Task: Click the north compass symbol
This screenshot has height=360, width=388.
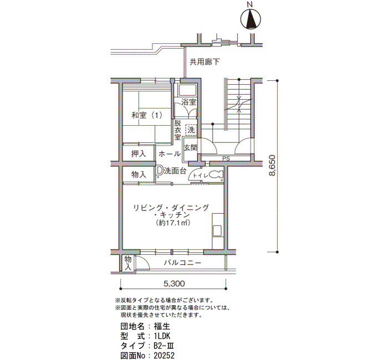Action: point(251,19)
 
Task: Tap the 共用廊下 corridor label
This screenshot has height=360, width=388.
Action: point(205,62)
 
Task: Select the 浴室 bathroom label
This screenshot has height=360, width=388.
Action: point(189,102)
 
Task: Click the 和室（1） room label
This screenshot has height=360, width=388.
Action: point(147,115)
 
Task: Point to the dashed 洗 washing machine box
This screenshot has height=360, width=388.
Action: point(191,130)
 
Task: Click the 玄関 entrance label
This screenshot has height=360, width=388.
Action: point(191,148)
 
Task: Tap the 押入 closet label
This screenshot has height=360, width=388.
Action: point(139,154)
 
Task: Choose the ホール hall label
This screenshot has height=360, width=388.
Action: point(170,154)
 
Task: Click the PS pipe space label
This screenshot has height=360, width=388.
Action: point(226,159)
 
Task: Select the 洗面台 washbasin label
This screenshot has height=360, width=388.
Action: point(175,171)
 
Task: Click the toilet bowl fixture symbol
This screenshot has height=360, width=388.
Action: point(216,175)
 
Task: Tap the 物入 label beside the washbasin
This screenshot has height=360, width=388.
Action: point(139,175)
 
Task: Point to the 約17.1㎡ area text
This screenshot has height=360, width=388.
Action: point(173,223)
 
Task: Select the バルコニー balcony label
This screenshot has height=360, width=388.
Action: point(182,263)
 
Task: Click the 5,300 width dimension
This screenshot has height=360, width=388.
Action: point(174,284)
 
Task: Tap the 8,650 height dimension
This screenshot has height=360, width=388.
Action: point(272,166)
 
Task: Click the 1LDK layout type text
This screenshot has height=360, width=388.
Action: point(162,336)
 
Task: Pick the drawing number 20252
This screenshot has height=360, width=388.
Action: point(164,356)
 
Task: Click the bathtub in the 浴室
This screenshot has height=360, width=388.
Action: point(187,90)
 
